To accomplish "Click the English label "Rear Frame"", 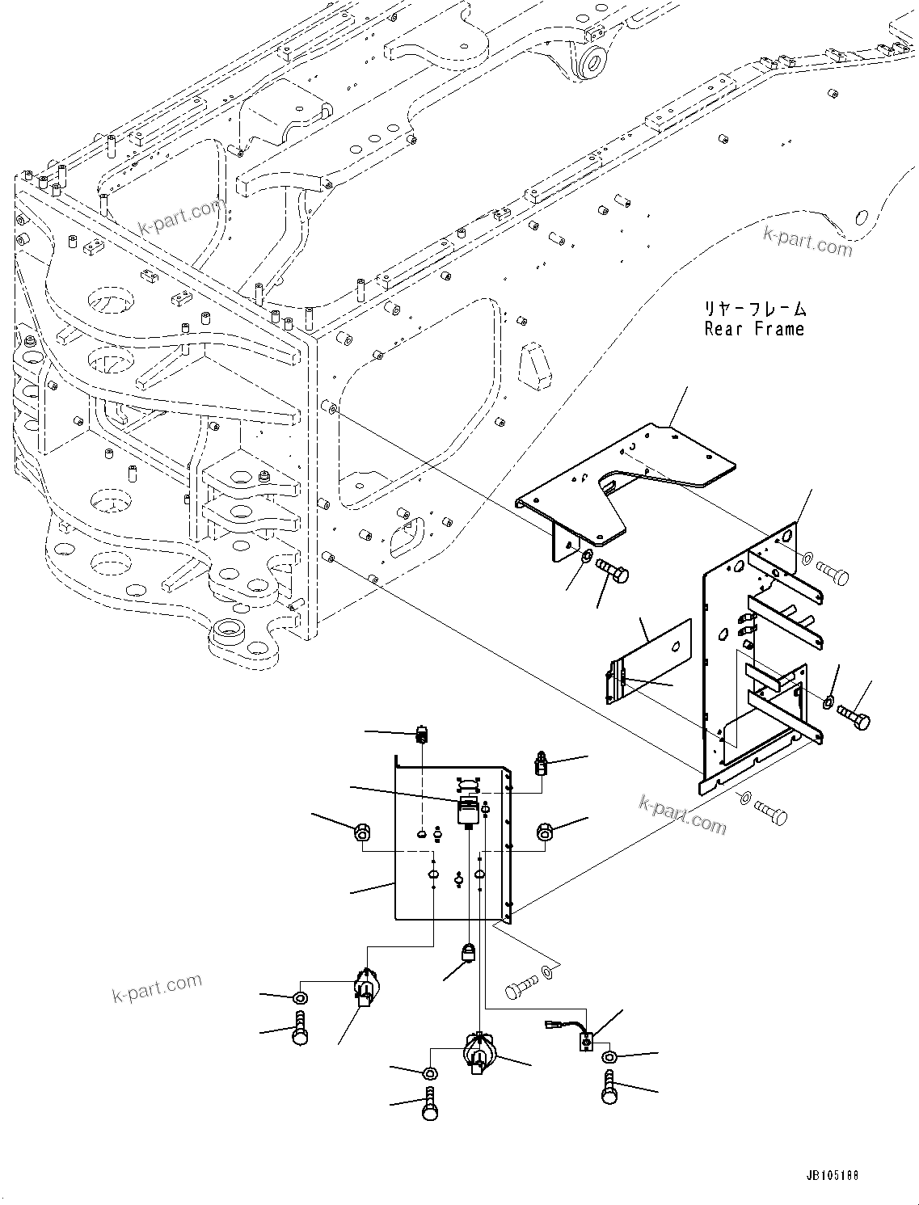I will tap(754, 329).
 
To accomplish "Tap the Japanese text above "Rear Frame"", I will tap(754, 308).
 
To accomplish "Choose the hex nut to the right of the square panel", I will tap(545, 831).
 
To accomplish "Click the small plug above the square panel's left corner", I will tap(422, 735).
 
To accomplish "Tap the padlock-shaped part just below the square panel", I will tap(468, 954).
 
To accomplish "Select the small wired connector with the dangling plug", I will tap(584, 1042).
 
